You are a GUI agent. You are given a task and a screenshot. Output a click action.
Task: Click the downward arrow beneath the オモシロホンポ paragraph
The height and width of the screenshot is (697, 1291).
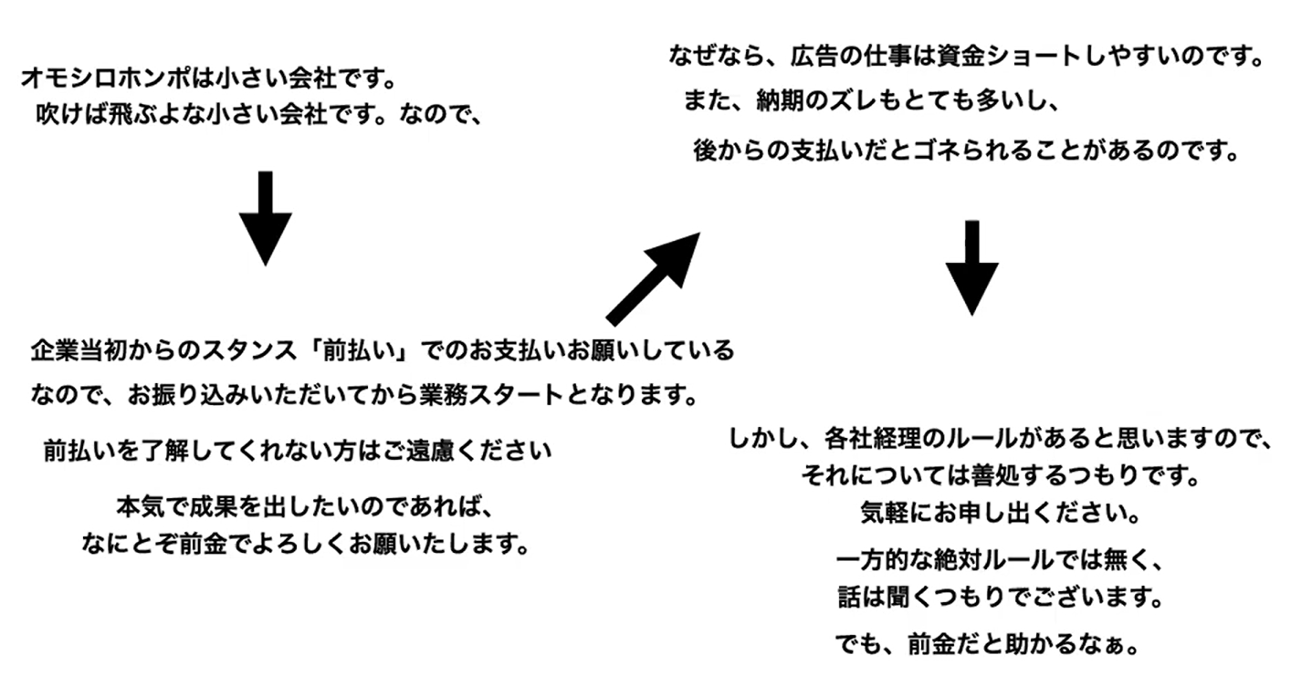pyautogui.click(x=265, y=218)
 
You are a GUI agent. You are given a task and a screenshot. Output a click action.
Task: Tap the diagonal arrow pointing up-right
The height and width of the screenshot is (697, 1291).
pyautogui.click(x=654, y=277)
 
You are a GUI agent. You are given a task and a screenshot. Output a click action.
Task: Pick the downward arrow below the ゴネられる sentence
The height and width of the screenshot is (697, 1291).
pyautogui.click(x=971, y=267)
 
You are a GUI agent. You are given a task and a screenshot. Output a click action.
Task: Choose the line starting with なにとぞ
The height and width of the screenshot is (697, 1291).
pyautogui.click(x=305, y=545)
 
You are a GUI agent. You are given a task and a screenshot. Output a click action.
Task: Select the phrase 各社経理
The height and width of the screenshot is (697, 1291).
pyautogui.click(x=866, y=438)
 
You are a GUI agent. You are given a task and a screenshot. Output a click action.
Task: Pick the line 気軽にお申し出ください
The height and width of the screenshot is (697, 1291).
pyautogui.click(x=1000, y=514)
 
